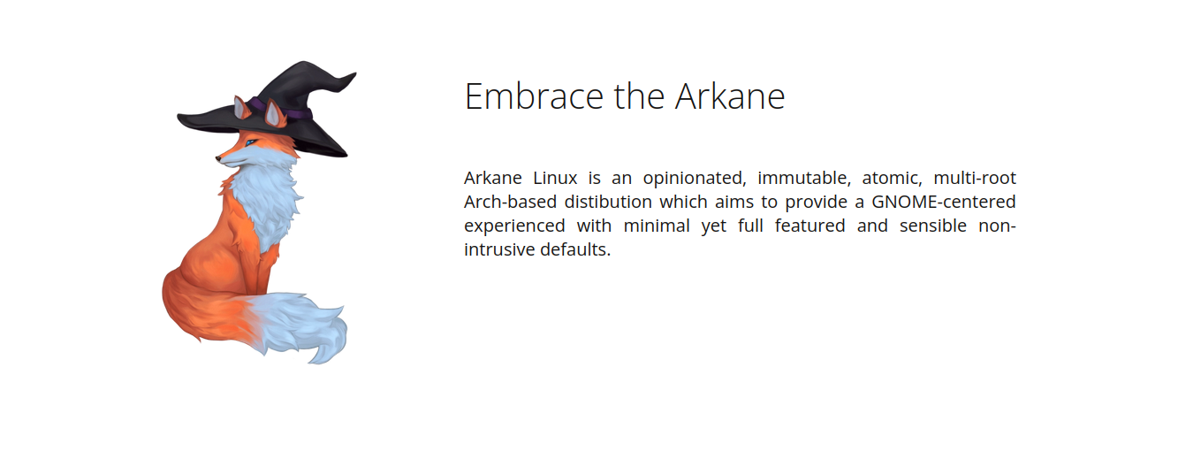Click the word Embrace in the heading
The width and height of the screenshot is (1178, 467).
pos(535,96)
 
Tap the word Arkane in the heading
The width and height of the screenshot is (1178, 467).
pos(730,96)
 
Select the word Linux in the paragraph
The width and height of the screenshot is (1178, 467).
pos(555,178)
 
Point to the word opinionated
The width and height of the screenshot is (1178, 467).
pos(695,179)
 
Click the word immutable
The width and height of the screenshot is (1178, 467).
pos(803,178)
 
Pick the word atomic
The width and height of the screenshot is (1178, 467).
pos(892,179)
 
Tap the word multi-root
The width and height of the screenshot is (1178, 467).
pos(975,178)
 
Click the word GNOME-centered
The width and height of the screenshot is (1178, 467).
pos(944,202)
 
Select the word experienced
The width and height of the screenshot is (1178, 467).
pos(514,226)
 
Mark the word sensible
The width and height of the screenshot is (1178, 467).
pos(933,226)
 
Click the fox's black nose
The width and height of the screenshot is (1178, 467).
pos(217,157)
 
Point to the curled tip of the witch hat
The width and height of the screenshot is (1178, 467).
pos(350,77)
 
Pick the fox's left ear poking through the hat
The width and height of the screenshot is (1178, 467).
pos(241,107)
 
